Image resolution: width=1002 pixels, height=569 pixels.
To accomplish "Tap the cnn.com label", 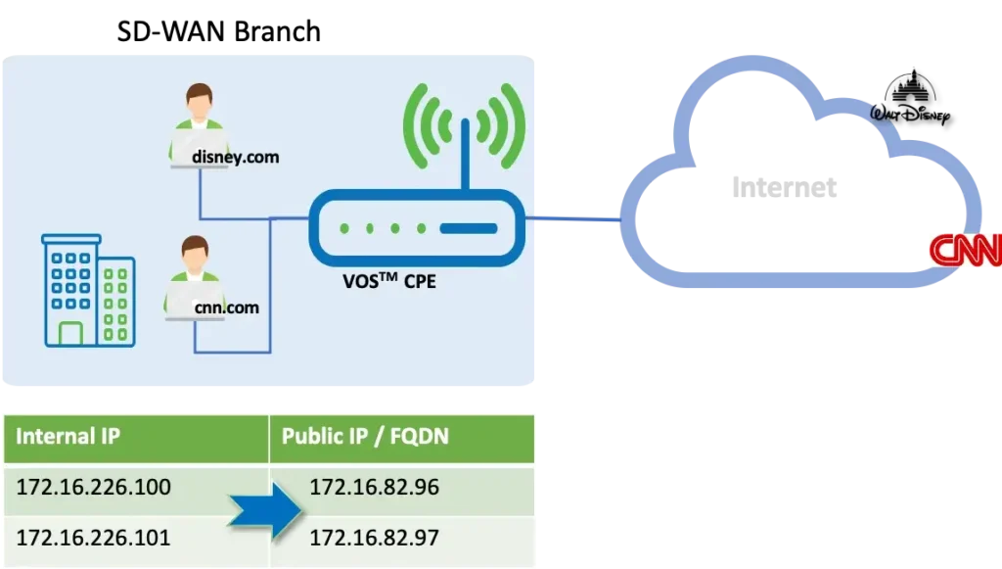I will [226, 308].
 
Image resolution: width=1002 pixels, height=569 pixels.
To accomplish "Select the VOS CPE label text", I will [388, 279].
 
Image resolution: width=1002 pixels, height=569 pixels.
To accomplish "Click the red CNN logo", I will [965, 251].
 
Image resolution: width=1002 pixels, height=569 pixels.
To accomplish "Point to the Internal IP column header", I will [68, 436].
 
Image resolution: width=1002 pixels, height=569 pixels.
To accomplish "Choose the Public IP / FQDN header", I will [365, 436].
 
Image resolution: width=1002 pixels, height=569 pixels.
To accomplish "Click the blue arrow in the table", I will [265, 510].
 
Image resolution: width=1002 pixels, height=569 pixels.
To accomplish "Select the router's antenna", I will [465, 147].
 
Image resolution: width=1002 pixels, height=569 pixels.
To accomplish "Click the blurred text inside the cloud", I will [783, 189].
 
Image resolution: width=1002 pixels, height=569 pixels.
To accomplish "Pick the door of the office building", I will [70, 334].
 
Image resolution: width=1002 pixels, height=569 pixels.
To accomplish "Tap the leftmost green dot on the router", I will [344, 229].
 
